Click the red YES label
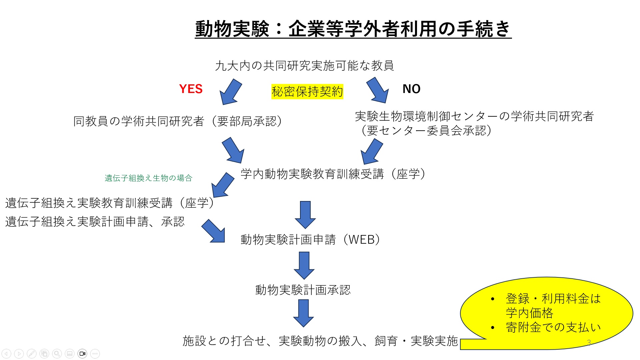(x=191, y=89)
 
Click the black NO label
(x=411, y=89)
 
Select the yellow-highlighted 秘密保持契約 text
(x=307, y=91)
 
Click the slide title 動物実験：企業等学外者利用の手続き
(x=353, y=29)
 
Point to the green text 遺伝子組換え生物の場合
(x=148, y=178)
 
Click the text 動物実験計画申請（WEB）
(x=310, y=239)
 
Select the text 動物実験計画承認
(x=303, y=290)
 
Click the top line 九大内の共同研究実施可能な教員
(x=304, y=66)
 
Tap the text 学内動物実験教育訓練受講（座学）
(x=333, y=174)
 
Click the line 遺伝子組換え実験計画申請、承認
(x=95, y=222)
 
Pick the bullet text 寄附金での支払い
(x=553, y=327)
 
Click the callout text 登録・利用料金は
(x=553, y=299)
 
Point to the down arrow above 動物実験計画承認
(x=304, y=265)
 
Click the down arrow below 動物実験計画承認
(x=303, y=313)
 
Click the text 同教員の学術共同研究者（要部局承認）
(x=177, y=121)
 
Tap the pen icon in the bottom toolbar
(x=32, y=354)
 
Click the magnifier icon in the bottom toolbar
(x=57, y=354)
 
